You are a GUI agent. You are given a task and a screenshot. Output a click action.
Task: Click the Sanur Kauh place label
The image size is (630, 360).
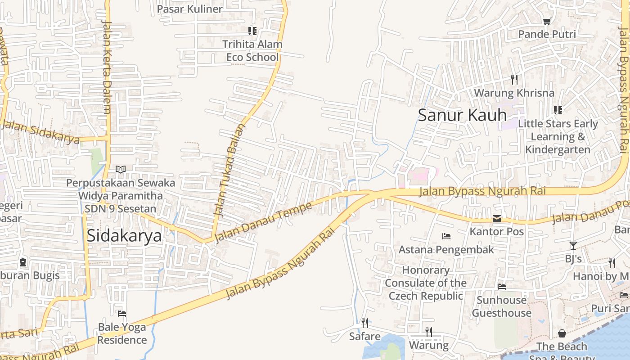tap(462, 115)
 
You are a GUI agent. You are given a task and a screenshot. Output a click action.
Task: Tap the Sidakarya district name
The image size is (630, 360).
tap(124, 235)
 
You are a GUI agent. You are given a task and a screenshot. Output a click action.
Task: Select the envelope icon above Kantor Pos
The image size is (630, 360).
tap(497, 219)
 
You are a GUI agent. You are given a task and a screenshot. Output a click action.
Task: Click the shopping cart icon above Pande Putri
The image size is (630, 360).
tap(547, 21)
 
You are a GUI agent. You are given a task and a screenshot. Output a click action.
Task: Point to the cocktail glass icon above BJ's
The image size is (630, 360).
tap(573, 246)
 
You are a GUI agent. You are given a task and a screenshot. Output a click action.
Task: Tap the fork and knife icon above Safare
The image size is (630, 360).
tap(365, 323)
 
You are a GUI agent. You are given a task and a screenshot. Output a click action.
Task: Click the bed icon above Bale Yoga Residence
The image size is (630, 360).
tap(122, 313)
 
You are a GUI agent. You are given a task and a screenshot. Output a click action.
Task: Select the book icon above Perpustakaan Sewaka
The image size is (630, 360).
tap(120, 169)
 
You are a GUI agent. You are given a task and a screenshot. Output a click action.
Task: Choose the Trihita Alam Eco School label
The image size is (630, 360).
tap(252, 50)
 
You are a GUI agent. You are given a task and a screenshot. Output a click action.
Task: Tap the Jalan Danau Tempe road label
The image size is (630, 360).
tap(263, 222)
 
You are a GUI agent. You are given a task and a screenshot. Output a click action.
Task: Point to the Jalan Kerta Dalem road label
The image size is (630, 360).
tap(107, 67)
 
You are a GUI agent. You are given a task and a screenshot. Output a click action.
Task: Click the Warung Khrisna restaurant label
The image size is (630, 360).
tap(514, 93)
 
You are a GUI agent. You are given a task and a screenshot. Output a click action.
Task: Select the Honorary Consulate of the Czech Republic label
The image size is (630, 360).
tap(426, 283)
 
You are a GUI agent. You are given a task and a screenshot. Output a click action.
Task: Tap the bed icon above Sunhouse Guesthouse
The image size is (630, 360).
tap(502, 287)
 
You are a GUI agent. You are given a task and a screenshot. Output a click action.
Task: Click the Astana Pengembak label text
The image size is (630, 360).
tap(446, 249)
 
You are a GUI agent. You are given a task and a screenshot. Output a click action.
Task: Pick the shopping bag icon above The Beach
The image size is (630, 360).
tap(562, 333)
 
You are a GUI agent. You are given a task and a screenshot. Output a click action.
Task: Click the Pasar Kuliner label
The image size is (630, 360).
tap(189, 9)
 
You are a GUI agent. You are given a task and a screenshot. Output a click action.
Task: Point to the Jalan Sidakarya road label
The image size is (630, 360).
tap(43, 132)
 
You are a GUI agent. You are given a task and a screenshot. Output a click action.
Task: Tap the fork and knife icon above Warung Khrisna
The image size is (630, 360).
tap(514, 80)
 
